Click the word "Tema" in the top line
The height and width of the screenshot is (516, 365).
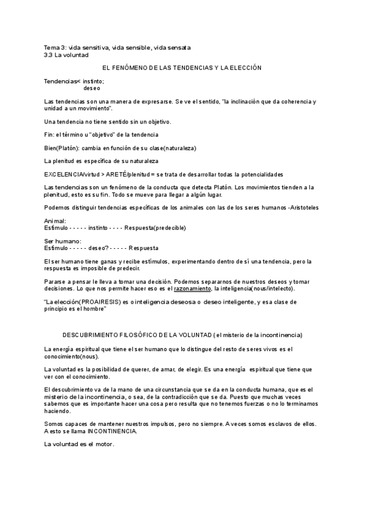pyautogui.click(x=52, y=47)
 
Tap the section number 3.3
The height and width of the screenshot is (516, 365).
pyautogui.click(x=48, y=54)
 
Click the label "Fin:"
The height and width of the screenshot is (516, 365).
pyautogui.click(x=50, y=134)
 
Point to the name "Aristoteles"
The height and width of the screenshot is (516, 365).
pyautogui.click(x=302, y=207)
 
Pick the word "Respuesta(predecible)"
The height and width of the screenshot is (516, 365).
pyautogui.click(x=155, y=228)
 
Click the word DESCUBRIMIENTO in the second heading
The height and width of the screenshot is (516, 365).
pyautogui.click(x=95, y=335)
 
